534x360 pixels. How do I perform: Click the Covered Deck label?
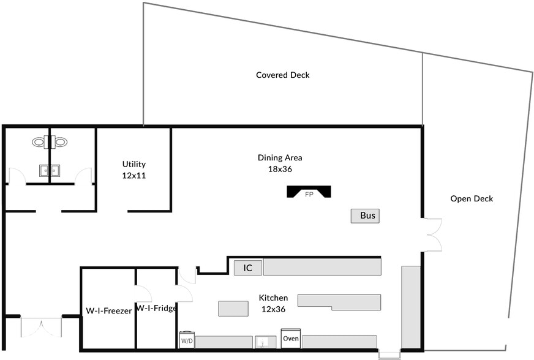point(282,75)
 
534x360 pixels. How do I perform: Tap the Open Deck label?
point(471,198)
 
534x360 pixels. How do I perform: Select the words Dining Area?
point(279,157)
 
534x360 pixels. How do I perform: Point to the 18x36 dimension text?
point(279,168)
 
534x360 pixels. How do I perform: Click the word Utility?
point(133,164)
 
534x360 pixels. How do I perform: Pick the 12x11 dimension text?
point(133,175)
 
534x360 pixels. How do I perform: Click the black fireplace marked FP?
point(309,192)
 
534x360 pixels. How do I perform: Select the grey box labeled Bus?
point(364,216)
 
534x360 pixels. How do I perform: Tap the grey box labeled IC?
point(247,268)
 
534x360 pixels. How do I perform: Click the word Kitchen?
point(273,298)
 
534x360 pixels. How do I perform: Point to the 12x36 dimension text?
point(273,309)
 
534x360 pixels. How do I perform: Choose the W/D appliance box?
point(187,340)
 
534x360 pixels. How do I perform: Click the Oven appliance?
point(291,339)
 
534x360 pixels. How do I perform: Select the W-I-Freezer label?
point(108,311)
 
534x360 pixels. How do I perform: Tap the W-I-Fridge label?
point(157,308)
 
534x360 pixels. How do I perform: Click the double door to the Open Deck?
point(433,234)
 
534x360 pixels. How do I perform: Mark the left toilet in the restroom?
point(40,142)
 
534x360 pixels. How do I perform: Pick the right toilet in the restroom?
point(60,142)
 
